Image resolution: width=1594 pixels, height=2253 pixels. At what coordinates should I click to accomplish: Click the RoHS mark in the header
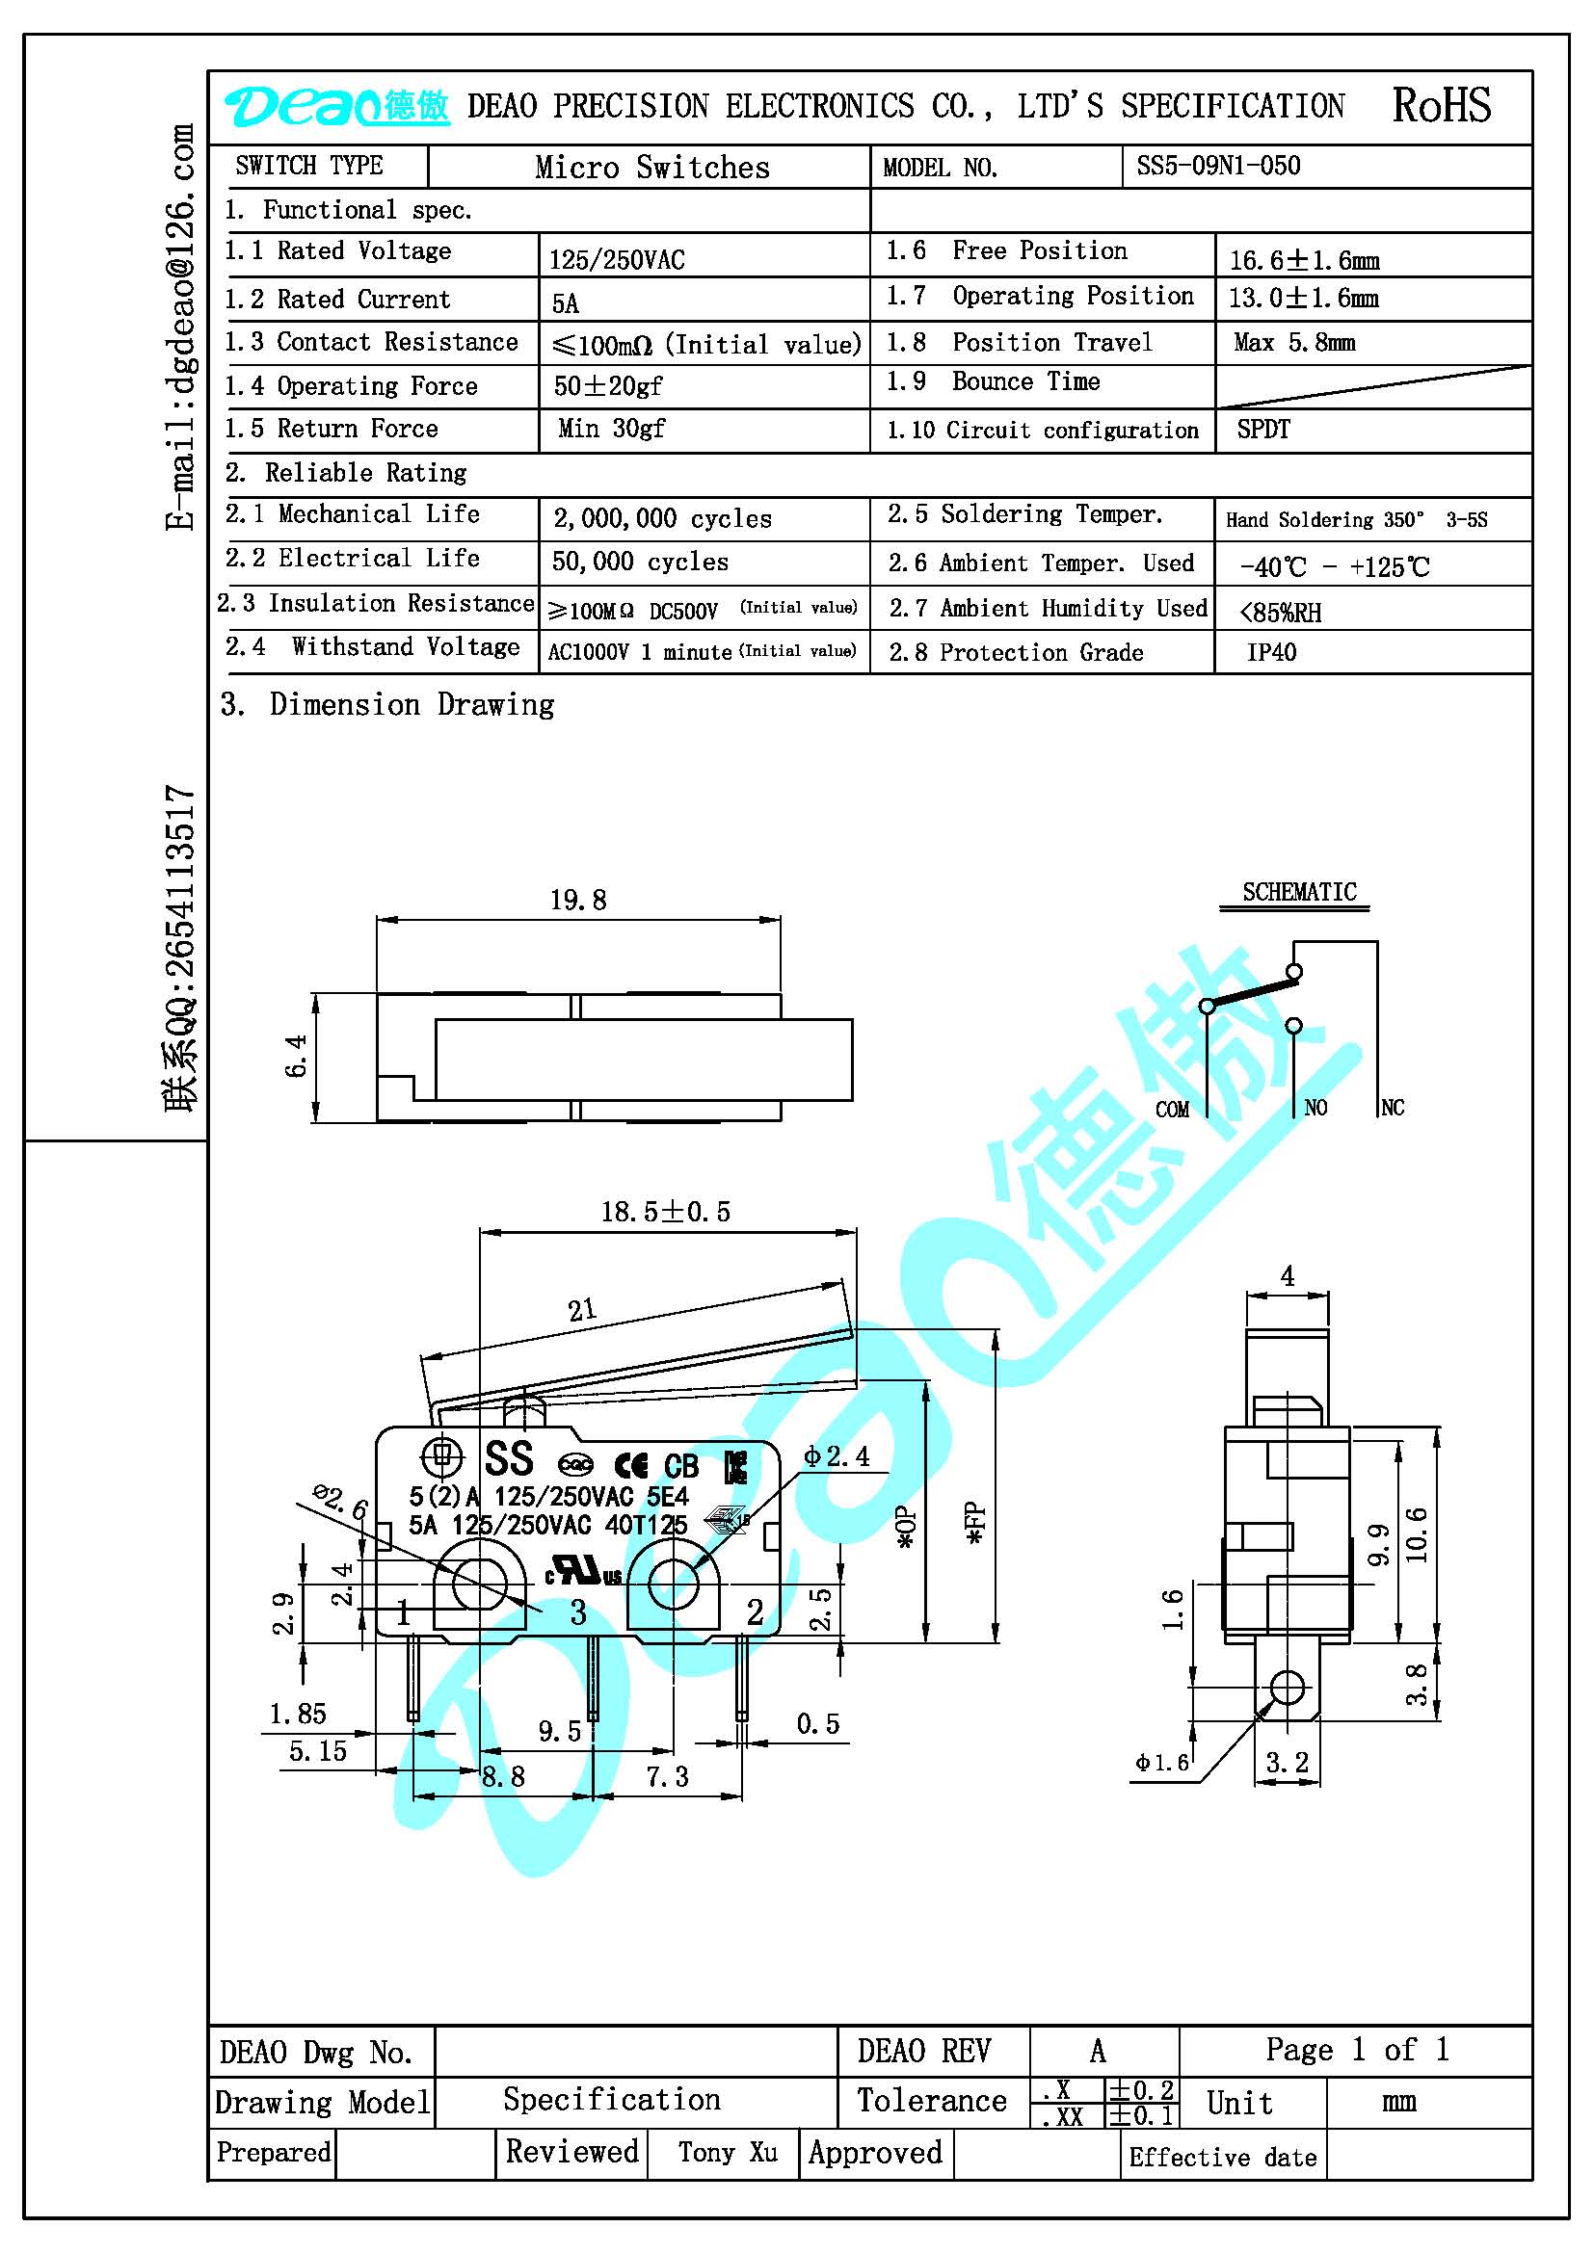click(1441, 105)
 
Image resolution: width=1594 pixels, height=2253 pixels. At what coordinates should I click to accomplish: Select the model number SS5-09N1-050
click(1218, 166)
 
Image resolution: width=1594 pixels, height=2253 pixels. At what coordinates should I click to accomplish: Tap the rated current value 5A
click(566, 303)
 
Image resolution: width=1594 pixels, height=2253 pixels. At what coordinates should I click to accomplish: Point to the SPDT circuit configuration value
click(1263, 430)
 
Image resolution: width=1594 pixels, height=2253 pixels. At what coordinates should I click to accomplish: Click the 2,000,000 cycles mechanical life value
click(662, 518)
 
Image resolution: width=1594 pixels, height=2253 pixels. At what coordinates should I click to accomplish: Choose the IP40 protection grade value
click(1271, 652)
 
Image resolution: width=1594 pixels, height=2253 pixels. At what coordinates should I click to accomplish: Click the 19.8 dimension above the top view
click(578, 900)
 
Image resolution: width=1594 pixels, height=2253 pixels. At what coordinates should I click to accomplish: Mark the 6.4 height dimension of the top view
click(297, 1056)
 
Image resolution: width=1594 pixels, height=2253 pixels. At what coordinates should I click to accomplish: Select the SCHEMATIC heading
click(1299, 892)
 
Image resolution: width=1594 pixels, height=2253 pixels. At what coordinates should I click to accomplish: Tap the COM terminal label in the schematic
click(1172, 1110)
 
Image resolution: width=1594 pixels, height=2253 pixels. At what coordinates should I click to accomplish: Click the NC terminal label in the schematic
click(1393, 1108)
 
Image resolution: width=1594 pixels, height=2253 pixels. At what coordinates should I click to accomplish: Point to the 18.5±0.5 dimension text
click(666, 1212)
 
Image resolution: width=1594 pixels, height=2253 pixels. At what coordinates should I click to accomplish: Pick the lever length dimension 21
click(582, 1310)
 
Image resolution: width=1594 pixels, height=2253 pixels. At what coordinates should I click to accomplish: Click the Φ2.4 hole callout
click(837, 1456)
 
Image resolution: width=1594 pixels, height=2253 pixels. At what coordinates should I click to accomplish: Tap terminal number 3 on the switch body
click(578, 1612)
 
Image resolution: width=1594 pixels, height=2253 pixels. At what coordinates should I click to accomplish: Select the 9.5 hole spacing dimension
click(560, 1732)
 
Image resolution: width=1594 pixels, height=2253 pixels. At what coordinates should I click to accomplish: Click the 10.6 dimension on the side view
click(1416, 1534)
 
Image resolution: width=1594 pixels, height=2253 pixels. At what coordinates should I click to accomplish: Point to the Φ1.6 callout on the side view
click(1162, 1763)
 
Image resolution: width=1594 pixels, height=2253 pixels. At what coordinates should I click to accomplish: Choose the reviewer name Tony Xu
click(728, 2152)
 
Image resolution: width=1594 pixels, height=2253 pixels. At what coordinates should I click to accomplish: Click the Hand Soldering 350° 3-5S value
click(1357, 520)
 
